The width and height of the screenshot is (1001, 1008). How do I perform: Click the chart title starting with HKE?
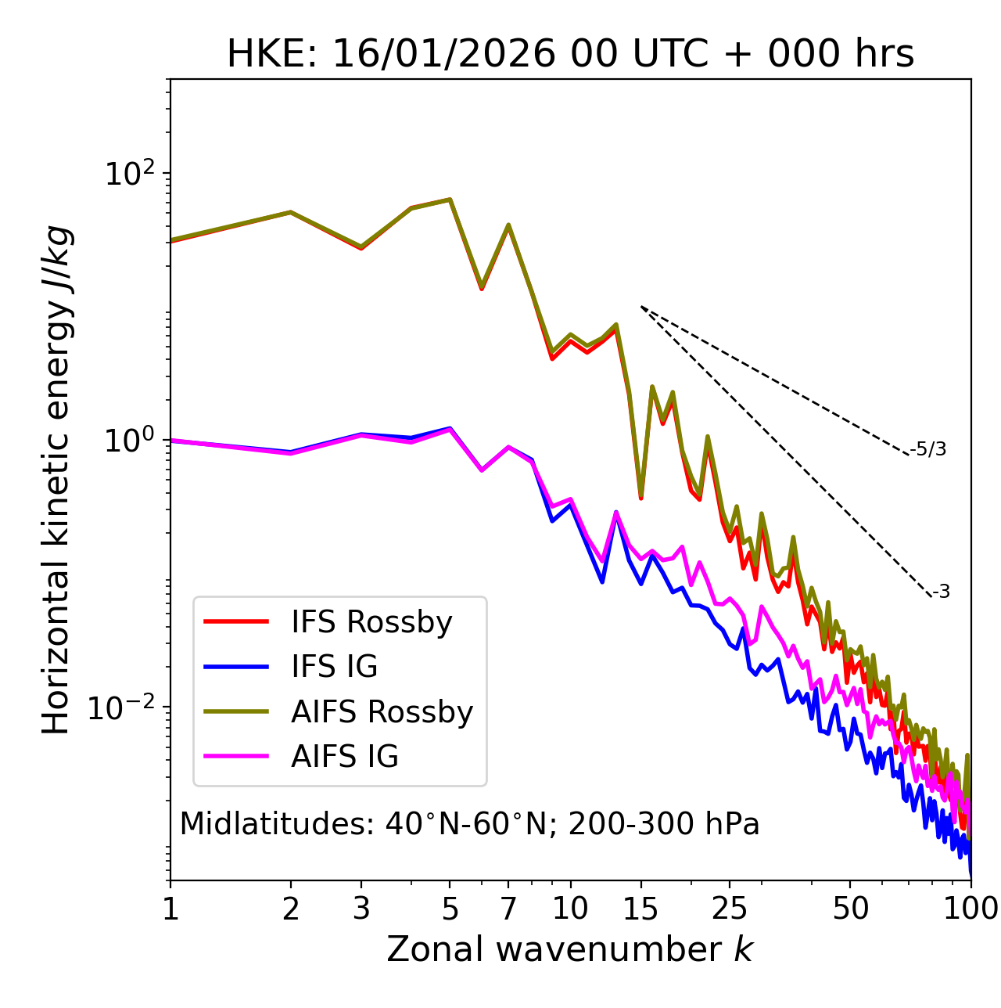(570, 55)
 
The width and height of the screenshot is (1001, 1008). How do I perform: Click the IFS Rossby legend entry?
(371, 622)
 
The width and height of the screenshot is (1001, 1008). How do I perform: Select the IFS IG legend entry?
(334, 667)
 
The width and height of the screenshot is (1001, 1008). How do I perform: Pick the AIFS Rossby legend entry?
(382, 712)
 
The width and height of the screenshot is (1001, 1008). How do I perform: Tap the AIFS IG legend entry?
(344, 757)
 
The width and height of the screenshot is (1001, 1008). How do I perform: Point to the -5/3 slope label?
(928, 449)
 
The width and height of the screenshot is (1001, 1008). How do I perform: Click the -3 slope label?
(941, 592)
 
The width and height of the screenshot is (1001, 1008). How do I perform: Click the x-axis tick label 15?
(640, 909)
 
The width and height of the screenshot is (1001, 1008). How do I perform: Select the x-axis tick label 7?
(508, 909)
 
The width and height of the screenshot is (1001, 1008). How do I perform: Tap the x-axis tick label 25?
(730, 909)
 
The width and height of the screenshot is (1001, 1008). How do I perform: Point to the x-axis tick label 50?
(850, 909)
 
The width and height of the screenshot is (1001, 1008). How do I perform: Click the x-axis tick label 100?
(971, 909)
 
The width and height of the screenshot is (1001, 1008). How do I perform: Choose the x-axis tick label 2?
(291, 909)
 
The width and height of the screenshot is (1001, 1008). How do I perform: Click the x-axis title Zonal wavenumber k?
(570, 949)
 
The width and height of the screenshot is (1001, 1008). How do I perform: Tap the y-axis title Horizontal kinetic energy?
(57, 480)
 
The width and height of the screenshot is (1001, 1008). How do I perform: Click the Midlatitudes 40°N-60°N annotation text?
(469, 824)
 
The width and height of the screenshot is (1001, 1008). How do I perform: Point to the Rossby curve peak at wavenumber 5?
(450, 200)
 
